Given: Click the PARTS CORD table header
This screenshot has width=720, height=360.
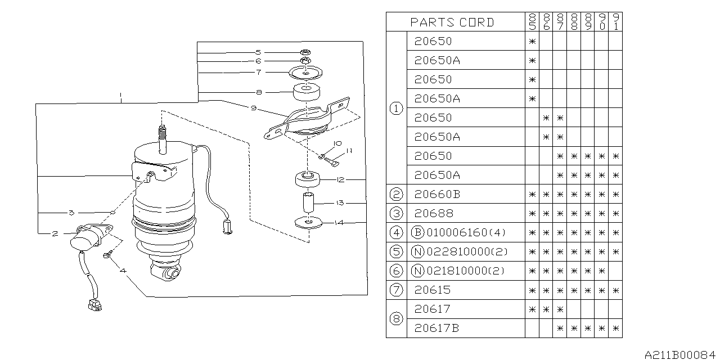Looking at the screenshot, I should pos(452,22).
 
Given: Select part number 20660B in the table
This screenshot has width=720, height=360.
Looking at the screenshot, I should pos(436,194).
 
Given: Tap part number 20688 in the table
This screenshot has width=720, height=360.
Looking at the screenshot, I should pos(433,213).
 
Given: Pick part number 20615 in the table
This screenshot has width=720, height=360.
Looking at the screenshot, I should pos(433,290).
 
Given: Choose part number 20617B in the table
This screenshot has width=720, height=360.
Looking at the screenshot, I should pos(436,328).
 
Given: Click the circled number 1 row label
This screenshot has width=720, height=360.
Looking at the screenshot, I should pos(396,108).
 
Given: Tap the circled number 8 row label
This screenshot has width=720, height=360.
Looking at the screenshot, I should pos(396,318).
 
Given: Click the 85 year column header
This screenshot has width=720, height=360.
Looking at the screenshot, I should pos(532,22).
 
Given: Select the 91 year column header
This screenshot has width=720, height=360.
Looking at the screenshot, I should pos(615,22).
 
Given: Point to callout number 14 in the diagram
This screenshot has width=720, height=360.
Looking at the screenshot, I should pos(339,223).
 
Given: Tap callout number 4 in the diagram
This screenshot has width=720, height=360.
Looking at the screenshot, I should pos(123,270).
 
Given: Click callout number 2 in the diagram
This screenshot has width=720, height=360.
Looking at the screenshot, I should pos(55,233).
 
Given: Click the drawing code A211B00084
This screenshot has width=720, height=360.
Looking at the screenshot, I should pos(681,354).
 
